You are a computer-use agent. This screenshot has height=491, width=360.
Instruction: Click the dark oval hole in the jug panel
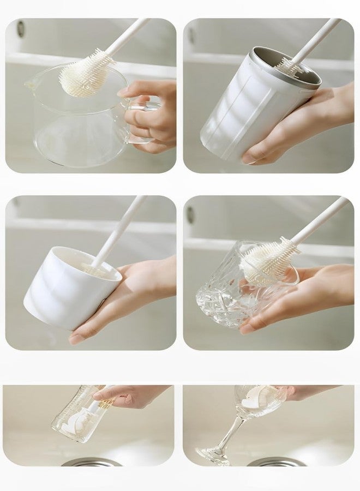(20, 28)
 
